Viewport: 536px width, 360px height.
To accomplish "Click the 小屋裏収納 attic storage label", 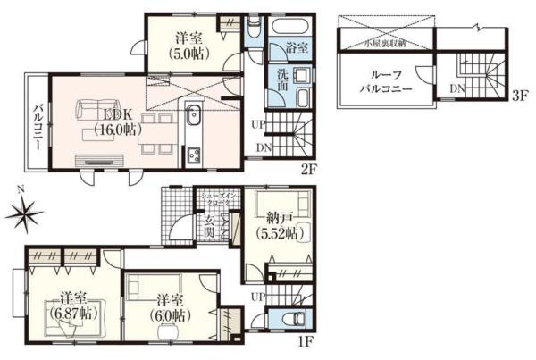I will click(384, 42).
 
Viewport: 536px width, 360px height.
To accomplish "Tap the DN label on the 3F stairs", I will click(456, 88).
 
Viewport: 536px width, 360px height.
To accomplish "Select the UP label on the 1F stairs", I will click(257, 296).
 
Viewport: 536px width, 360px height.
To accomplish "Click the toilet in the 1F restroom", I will click(292, 321).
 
